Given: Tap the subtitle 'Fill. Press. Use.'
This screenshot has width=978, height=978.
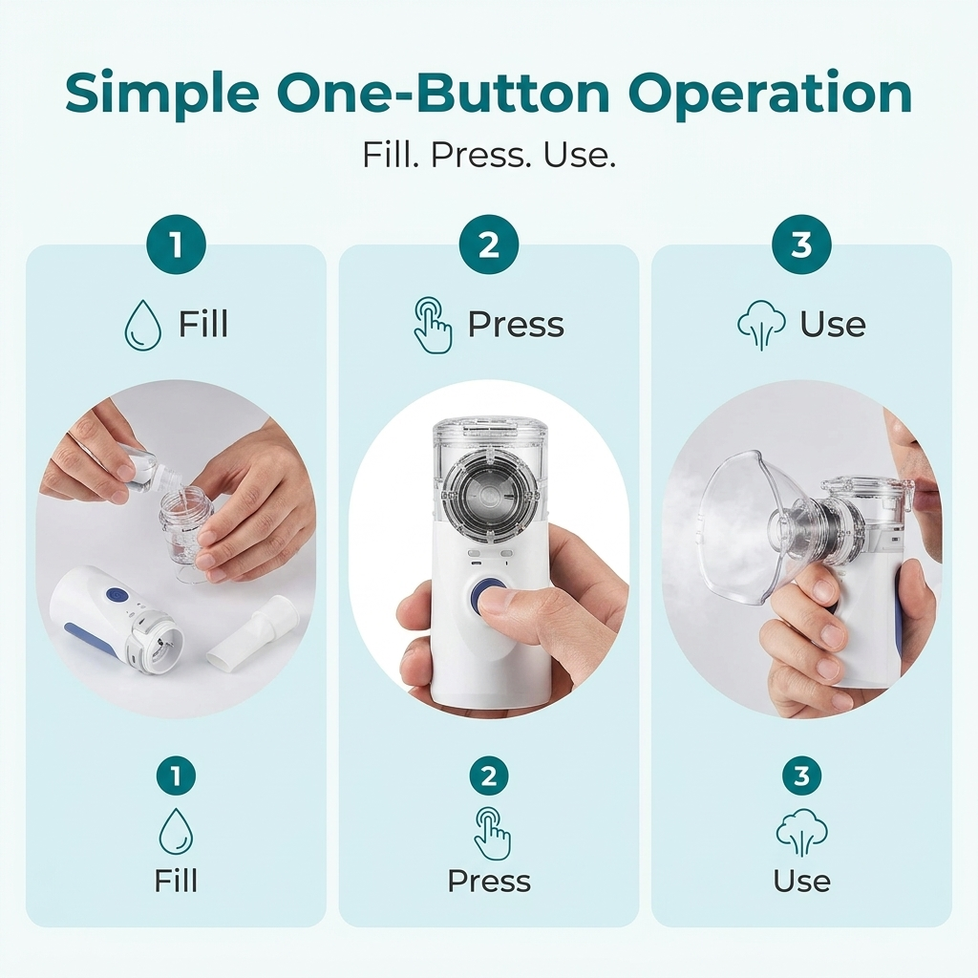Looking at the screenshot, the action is [489, 155].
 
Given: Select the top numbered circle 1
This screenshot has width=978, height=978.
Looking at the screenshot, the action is [176, 244].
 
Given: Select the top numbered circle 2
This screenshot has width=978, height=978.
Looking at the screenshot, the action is [489, 244].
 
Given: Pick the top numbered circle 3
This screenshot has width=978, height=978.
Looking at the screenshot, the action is [801, 244].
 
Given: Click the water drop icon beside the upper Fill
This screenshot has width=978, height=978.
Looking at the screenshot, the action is [143, 325].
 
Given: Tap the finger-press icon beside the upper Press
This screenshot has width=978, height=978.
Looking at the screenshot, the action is [433, 325].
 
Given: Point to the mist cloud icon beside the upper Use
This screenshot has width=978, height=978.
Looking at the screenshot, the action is [761, 325].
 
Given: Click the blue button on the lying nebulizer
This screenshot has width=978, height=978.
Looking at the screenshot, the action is [115, 594].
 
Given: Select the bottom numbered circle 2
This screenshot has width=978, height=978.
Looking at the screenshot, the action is [489, 776].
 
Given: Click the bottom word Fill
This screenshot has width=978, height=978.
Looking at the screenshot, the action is [176, 881].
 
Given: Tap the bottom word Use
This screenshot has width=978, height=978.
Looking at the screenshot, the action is [801, 881].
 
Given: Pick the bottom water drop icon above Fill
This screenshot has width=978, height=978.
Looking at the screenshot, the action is [176, 832].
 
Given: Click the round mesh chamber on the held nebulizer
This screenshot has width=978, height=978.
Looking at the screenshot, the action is [490, 493].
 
